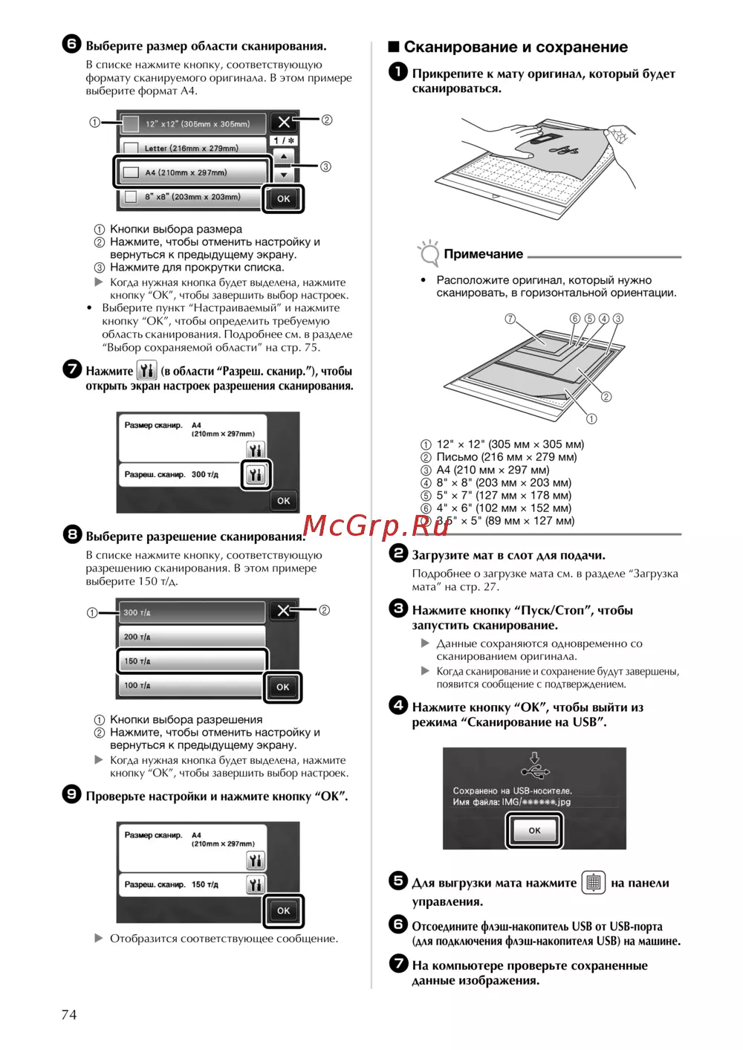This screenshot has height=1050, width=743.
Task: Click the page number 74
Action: point(68,1014)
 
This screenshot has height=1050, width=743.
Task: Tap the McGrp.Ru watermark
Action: point(376,525)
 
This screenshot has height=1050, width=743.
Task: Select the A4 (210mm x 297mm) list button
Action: point(191,172)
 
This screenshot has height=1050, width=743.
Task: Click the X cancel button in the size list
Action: point(284,123)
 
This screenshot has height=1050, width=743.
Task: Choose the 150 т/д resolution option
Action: point(191,661)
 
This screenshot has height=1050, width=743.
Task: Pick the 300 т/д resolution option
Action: point(191,612)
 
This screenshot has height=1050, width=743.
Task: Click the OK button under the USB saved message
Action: point(534,830)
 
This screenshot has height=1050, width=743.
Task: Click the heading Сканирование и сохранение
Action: point(515,47)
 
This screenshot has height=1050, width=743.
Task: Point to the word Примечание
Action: point(483,254)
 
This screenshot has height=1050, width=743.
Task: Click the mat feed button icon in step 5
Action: point(593,882)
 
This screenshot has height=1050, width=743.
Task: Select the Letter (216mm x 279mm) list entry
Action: point(191,148)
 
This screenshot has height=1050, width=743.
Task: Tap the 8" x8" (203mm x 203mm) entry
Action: point(191,197)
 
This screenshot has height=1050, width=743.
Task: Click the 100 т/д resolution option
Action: point(191,685)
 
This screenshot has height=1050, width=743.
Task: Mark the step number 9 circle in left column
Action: point(71,794)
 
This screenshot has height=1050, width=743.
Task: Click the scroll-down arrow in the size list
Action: point(283,175)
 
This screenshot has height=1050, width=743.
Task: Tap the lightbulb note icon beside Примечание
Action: point(429,253)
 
